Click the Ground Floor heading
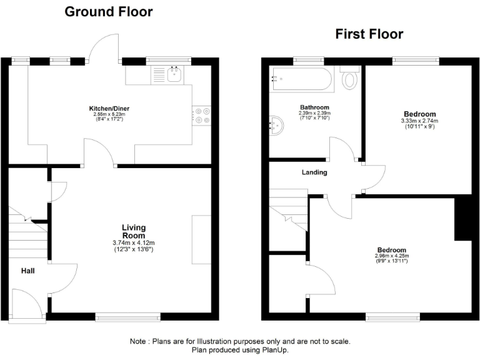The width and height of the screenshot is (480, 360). [109, 11]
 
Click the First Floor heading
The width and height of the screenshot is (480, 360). [369, 34]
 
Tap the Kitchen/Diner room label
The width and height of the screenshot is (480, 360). [109, 108]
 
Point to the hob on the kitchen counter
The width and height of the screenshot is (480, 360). [202, 116]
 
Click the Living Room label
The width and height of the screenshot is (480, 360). [133, 231]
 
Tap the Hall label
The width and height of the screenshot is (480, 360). [27, 271]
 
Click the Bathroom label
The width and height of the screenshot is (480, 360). [314, 107]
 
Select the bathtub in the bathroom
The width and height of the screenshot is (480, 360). [299, 80]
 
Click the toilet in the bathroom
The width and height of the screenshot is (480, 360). [351, 78]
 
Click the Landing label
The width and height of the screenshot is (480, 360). [314, 172]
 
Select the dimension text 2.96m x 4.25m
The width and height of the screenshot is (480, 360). [391, 256]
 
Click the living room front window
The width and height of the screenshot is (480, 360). [127, 316]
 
